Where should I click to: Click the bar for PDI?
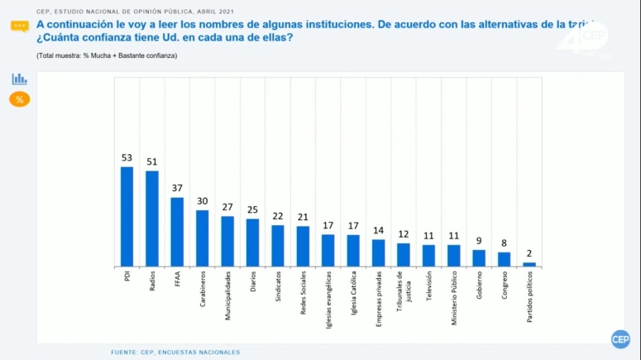pyautogui.click(x=127, y=216)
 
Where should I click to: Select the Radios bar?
pyautogui.click(x=152, y=218)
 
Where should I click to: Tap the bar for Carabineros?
pyautogui.click(x=203, y=238)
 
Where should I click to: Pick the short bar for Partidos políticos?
pyautogui.click(x=529, y=264)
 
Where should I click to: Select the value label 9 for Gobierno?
pyautogui.click(x=479, y=241)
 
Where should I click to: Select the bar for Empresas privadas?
pyautogui.click(x=378, y=252)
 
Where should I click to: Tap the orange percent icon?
pyautogui.click(x=20, y=99)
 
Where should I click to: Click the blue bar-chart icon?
pyautogui.click(x=20, y=79)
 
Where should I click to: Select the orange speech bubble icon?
pyautogui.click(x=20, y=26)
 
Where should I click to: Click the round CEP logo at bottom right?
pyautogui.click(x=620, y=339)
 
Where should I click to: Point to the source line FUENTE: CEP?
pyautogui.click(x=175, y=353)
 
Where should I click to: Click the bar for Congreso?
pyautogui.click(x=504, y=258)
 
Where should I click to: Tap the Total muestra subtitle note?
pyautogui.click(x=107, y=55)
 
